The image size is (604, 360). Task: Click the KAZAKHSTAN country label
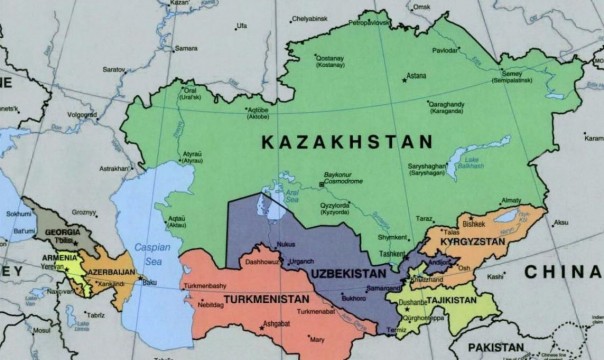coord(341,144)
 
